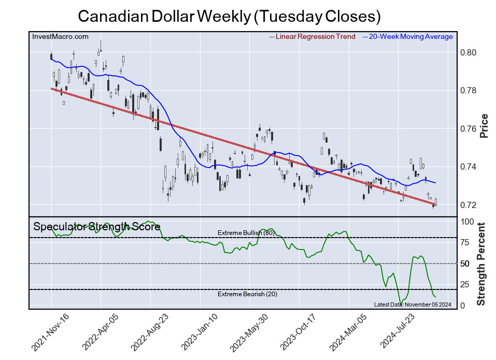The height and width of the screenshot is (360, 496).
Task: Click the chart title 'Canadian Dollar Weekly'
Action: [x=229, y=17]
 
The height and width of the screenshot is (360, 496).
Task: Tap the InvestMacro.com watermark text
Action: [x=60, y=36]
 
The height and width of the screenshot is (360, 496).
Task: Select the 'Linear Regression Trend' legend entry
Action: [x=313, y=37]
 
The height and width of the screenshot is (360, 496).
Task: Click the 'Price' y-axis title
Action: [x=484, y=126]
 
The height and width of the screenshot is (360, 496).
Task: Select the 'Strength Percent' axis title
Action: [x=482, y=264]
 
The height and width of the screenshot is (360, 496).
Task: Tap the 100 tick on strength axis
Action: [x=467, y=221]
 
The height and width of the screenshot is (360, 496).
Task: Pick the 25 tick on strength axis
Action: [x=465, y=284]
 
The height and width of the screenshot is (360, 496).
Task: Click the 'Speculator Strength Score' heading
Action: [x=96, y=227]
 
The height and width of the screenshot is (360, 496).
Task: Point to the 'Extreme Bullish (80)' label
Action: [x=245, y=233]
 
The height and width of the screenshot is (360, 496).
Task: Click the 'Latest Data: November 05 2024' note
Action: [x=412, y=304]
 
